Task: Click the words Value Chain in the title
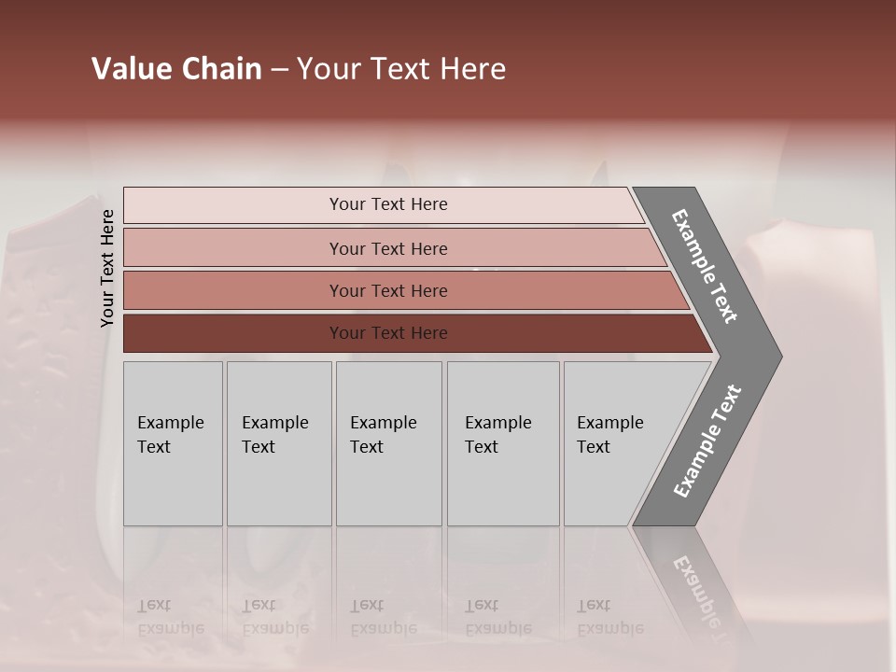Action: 176,69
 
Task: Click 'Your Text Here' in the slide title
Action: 401,69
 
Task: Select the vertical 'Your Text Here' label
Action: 107,268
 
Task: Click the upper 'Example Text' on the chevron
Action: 705,266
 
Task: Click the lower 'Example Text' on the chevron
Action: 707,441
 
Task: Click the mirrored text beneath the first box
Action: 171,617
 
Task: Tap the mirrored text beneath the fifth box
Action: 609,617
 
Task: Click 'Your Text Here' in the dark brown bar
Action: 388,333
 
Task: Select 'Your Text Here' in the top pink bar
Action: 388,204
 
